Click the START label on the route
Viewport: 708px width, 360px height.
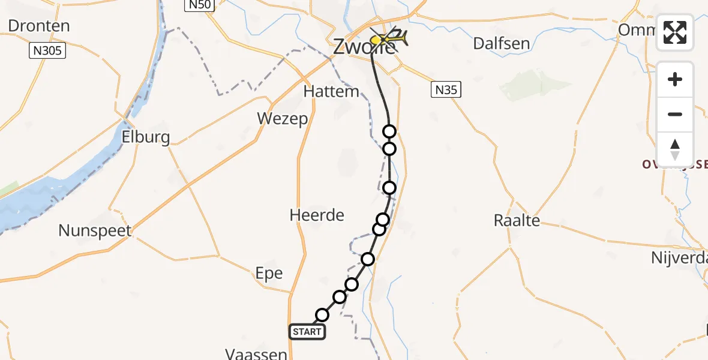307,332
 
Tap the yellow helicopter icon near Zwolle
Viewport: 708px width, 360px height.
389,39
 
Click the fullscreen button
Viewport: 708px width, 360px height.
675,32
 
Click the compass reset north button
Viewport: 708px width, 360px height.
675,149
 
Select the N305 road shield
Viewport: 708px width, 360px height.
47,51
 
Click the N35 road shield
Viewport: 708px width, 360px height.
446,91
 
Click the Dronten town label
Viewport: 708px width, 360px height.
39,26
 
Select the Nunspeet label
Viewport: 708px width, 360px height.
95,230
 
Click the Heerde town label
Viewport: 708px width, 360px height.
317,215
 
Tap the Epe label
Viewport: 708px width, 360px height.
269,273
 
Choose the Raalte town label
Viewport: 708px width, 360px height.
517,220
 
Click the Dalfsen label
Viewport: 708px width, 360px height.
502,43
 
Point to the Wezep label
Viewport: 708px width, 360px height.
283,118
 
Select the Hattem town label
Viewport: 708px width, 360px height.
331,92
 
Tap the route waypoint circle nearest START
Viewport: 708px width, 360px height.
322,315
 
